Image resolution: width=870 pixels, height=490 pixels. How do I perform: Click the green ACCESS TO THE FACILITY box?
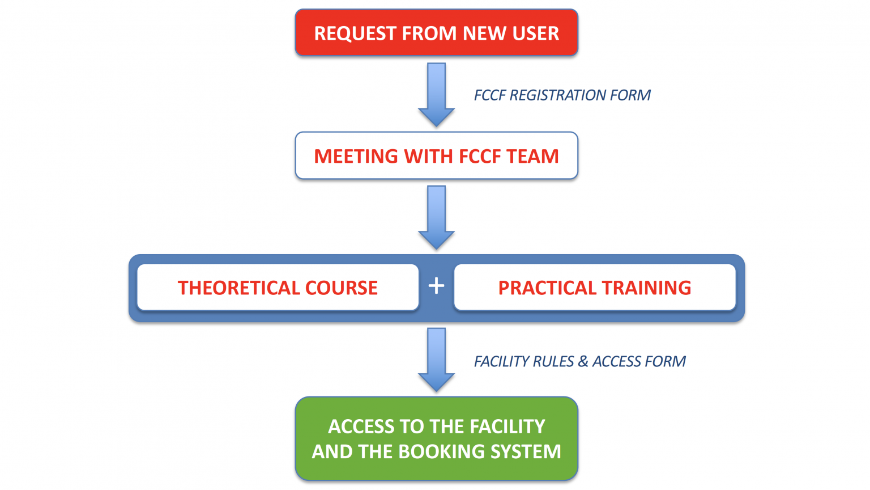[436, 438]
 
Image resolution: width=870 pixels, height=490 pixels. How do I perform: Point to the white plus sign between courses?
[436, 286]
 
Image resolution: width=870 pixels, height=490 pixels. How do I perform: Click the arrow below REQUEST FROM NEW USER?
[436, 94]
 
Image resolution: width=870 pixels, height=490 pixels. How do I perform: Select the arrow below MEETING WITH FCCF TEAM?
[436, 217]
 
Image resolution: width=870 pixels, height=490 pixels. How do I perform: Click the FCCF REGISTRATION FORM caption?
[562, 95]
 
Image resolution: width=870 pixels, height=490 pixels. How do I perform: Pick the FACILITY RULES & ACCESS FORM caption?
[579, 362]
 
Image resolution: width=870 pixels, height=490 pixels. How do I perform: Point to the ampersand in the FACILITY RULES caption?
[583, 362]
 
